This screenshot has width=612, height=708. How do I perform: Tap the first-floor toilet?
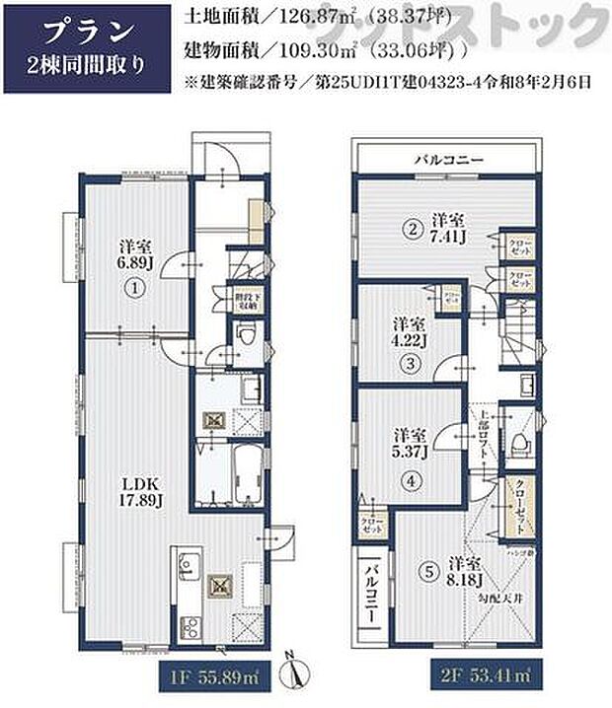[246, 340]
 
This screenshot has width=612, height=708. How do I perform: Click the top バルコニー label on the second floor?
[446, 158]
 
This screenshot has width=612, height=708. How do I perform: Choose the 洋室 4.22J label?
[409, 333]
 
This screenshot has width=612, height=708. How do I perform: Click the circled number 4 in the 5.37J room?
[409, 481]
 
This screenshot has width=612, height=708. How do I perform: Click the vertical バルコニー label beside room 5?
[376, 591]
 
